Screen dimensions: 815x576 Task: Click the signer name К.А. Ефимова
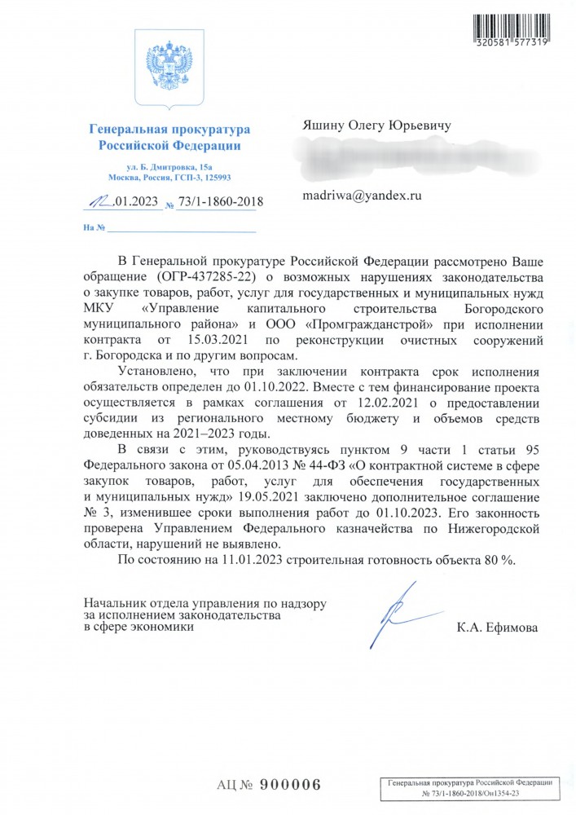[x=498, y=628]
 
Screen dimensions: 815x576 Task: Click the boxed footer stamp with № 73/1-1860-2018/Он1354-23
[x=469, y=786]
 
